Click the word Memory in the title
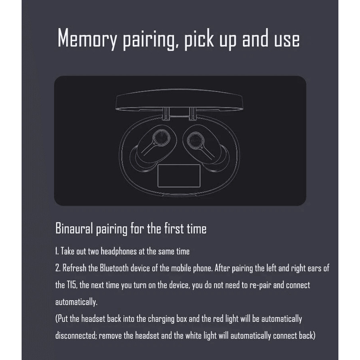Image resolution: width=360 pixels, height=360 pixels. [87, 38]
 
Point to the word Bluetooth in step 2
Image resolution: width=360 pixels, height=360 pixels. [114, 268]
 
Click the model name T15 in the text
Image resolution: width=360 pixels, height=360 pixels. [72, 285]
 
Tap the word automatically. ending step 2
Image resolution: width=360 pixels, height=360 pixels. [76, 301]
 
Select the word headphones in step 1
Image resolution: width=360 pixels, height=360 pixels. [119, 251]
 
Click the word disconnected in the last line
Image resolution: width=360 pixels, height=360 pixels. [76, 335]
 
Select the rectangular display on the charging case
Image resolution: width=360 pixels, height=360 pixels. [179, 175]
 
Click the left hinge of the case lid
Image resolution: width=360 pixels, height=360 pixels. [166, 114]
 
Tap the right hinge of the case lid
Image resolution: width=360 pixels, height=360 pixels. [193, 114]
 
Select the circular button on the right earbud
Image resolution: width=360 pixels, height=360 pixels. [195, 139]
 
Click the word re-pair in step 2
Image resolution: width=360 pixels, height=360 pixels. [261, 285]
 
